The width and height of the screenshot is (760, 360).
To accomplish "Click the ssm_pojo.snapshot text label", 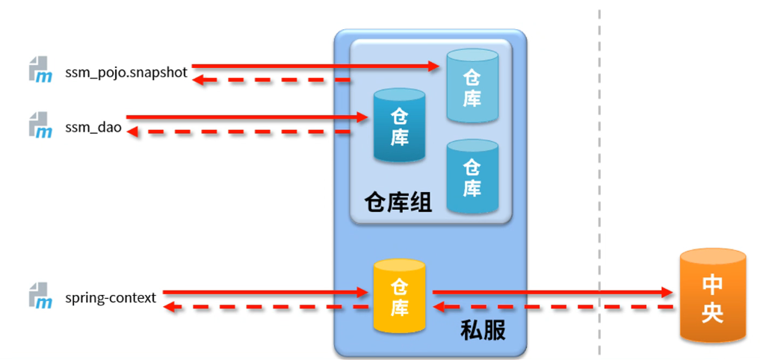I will [126, 73].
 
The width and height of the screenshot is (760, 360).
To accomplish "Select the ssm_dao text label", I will [93, 128].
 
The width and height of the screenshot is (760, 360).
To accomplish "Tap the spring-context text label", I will [111, 298].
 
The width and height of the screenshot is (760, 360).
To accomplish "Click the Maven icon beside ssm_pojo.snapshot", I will [40, 69].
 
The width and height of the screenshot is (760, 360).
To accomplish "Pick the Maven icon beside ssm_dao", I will [40, 125].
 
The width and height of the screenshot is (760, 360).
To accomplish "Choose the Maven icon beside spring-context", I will [40, 295].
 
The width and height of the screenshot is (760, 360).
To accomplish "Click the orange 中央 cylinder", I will [712, 297].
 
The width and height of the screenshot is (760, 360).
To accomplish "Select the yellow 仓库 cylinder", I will [399, 296].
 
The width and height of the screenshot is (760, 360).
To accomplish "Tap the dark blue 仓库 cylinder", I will [399, 125].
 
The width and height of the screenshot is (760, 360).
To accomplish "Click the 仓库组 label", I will [398, 202].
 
